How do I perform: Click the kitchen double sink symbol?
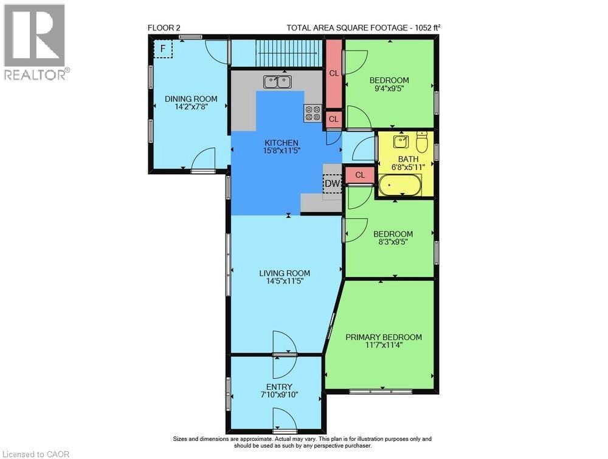(x=278, y=81)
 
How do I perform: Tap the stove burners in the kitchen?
(x=313, y=113)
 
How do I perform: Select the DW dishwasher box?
(x=332, y=183)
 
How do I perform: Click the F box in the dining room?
(x=163, y=49)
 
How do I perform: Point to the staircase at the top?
(x=288, y=53)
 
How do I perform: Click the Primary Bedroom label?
(x=384, y=337)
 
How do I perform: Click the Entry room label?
(x=279, y=387)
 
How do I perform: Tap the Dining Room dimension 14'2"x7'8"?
(x=192, y=108)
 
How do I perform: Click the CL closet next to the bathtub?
(x=360, y=175)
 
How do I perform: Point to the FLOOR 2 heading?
(x=164, y=27)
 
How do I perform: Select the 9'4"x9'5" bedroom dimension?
(x=389, y=89)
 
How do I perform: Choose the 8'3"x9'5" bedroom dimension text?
(x=393, y=243)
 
